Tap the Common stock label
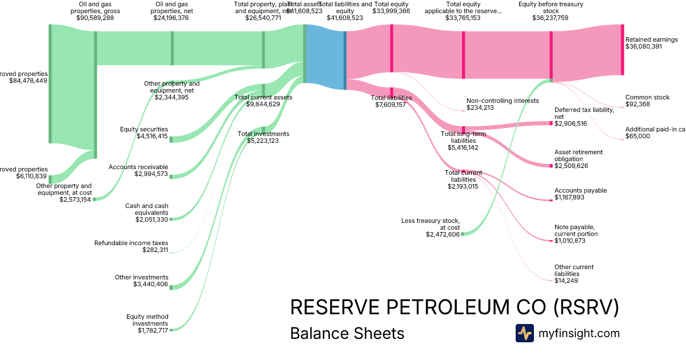(647, 97)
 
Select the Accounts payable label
(580, 190)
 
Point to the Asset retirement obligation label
(579, 155)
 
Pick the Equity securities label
(144, 129)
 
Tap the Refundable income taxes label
(131, 243)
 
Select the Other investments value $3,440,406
(151, 284)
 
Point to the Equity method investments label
(147, 320)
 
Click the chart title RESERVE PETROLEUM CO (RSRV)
(454, 307)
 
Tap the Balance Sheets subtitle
(347, 333)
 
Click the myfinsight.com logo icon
(524, 333)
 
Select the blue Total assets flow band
(325, 57)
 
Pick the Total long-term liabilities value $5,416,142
(462, 147)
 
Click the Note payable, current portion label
(576, 230)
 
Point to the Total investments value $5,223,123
(263, 141)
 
